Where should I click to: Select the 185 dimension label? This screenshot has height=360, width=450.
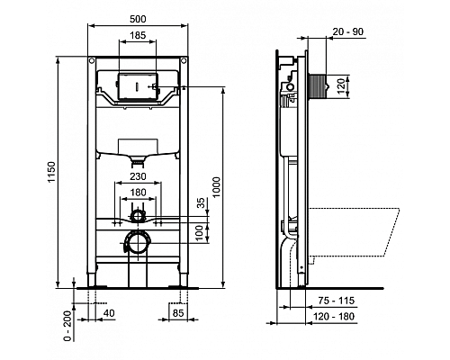(137, 37)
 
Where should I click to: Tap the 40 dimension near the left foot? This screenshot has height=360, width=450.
(109, 313)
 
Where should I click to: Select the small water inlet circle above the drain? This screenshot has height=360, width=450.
(137, 216)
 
